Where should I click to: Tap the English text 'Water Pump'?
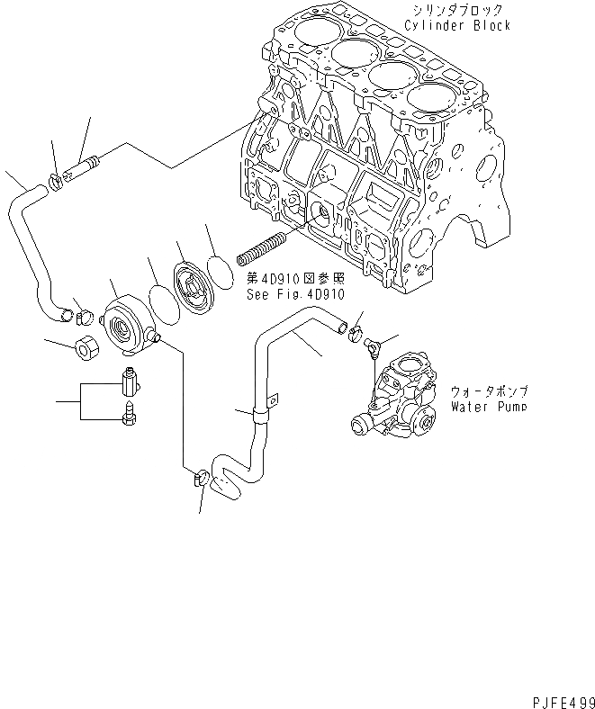[489, 407]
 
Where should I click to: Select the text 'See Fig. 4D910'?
[295, 293]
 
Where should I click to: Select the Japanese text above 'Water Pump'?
[489, 392]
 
